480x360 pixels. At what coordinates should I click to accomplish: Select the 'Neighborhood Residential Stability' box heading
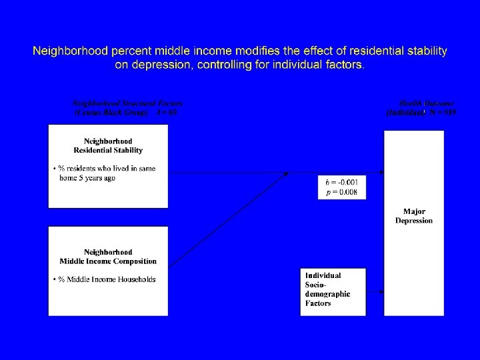(108, 145)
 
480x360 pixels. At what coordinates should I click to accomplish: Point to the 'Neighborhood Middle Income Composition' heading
(108, 256)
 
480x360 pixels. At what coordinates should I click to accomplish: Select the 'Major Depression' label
(414, 216)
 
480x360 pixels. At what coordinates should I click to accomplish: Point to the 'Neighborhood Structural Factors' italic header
(127, 104)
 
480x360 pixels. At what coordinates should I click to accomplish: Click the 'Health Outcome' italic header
(427, 104)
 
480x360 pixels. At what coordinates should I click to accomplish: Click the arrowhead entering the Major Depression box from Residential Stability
(381, 172)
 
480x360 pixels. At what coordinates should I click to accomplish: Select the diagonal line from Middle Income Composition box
(227, 220)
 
